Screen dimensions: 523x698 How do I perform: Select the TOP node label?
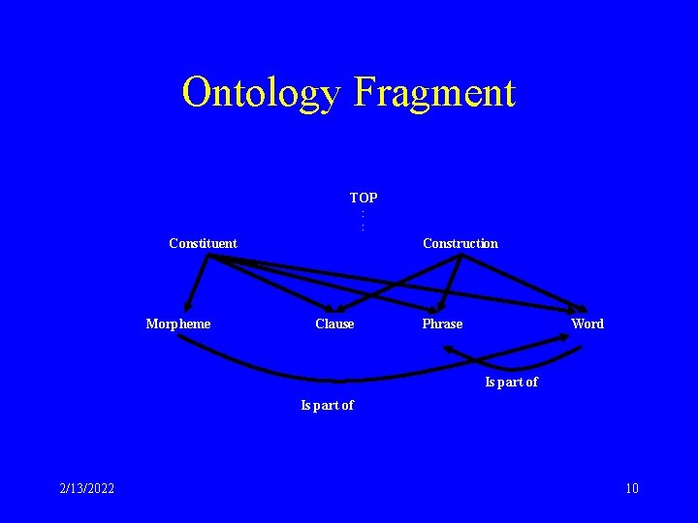click(x=364, y=198)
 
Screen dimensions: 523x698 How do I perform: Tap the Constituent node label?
click(x=203, y=243)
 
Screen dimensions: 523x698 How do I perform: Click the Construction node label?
click(x=460, y=243)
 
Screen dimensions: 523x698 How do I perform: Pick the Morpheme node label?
click(x=177, y=323)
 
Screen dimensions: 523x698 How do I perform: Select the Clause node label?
click(x=334, y=323)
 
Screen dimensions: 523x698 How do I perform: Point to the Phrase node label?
click(x=442, y=323)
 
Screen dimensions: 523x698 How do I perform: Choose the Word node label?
click(x=587, y=323)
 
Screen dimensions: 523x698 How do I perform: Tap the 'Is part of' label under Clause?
click(x=327, y=405)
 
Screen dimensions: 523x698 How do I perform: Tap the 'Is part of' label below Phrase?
click(x=511, y=382)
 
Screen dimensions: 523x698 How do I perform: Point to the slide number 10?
click(x=631, y=488)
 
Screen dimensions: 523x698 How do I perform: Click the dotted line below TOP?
click(x=363, y=220)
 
